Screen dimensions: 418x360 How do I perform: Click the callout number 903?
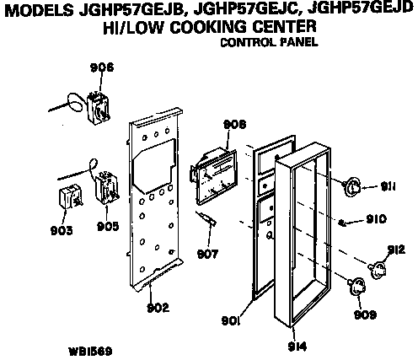(x=62, y=230)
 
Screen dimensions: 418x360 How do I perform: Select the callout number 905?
(x=108, y=226)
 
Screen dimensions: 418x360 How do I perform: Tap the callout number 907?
(x=207, y=255)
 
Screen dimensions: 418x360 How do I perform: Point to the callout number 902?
(x=158, y=308)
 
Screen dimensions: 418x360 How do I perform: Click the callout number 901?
(x=231, y=320)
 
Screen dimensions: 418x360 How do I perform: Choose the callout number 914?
(x=297, y=347)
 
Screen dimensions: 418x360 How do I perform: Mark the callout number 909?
(x=365, y=314)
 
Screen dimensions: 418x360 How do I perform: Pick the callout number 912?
(x=396, y=250)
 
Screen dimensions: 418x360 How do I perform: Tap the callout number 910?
(x=377, y=218)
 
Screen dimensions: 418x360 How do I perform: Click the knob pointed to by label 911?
(x=351, y=186)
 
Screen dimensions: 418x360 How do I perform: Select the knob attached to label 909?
(x=356, y=287)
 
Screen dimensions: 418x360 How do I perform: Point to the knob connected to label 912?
(x=378, y=270)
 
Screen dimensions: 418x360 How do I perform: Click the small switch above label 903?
(x=70, y=196)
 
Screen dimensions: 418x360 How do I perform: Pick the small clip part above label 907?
(x=207, y=218)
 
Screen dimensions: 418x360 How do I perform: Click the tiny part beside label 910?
(x=342, y=223)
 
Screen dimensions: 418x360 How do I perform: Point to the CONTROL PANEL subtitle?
(x=269, y=42)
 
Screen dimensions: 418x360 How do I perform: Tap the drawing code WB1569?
(x=90, y=352)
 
